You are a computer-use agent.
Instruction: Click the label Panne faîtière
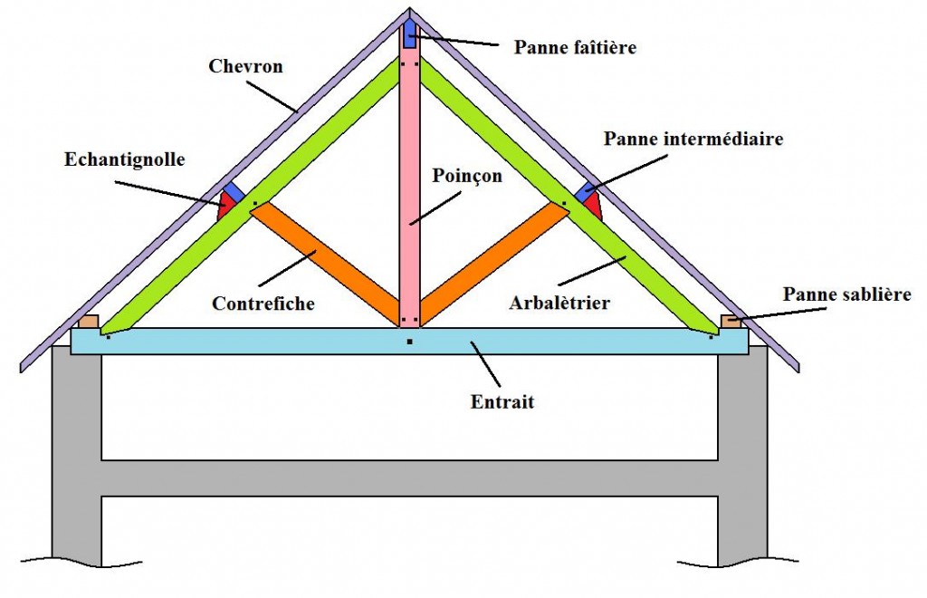pyautogui.click(x=575, y=46)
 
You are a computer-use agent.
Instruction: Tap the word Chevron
pyautogui.click(x=245, y=66)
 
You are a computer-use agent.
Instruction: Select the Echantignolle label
pyautogui.click(x=125, y=159)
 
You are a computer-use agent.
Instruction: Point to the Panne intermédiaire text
pyautogui.click(x=693, y=139)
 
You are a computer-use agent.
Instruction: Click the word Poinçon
pyautogui.click(x=467, y=176)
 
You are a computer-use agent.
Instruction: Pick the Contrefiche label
pyautogui.click(x=263, y=304)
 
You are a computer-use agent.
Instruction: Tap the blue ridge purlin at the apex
pyautogui.click(x=409, y=35)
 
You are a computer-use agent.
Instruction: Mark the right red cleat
pyautogui.click(x=593, y=207)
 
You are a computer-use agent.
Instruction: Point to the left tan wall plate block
pyautogui.click(x=88, y=321)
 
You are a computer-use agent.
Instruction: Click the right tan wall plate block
pyautogui.click(x=731, y=321)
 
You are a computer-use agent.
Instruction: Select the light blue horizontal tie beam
pyautogui.click(x=272, y=341)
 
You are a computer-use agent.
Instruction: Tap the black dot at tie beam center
pyautogui.click(x=409, y=342)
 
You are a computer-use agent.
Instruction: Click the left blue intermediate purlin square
pyautogui.click(x=234, y=191)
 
